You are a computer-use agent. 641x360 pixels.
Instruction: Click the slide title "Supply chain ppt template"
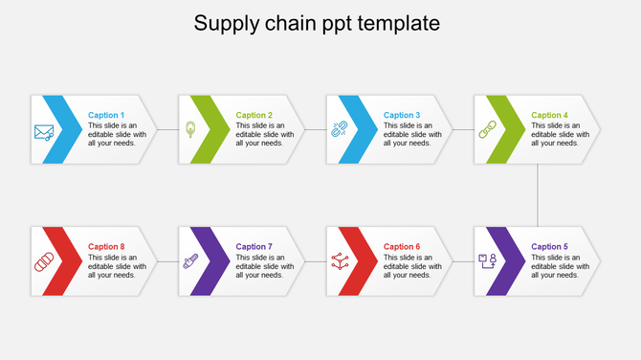[x=317, y=23]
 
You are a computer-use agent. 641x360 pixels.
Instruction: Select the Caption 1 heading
[x=106, y=116]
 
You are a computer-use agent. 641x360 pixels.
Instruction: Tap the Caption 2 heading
[x=254, y=116]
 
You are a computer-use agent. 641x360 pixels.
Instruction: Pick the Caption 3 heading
[x=402, y=116]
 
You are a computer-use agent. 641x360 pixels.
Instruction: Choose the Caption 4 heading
[x=550, y=116]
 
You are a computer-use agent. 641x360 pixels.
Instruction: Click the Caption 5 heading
[x=550, y=247]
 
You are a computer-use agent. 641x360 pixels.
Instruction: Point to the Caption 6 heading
[x=402, y=247]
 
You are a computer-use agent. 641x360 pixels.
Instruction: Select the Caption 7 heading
[x=254, y=247]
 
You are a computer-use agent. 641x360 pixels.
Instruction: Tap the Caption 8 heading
[x=106, y=247]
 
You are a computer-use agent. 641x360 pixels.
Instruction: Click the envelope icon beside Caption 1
[x=44, y=132]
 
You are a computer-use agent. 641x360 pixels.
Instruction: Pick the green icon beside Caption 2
[x=191, y=129]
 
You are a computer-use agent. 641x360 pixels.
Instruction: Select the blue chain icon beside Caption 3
[x=339, y=129]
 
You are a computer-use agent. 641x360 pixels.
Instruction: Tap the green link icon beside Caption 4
[x=487, y=129]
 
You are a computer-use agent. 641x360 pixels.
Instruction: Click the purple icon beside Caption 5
[x=487, y=260]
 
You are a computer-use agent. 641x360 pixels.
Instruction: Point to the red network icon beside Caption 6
[x=339, y=260]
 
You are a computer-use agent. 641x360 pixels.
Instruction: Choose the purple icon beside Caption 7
[x=191, y=260]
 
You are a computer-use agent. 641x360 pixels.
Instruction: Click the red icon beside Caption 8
[x=44, y=261]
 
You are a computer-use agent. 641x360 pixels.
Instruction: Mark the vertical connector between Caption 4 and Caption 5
[x=539, y=195]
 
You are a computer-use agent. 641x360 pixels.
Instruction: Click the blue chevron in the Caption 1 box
[x=67, y=129]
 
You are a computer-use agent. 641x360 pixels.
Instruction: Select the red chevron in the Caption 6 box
[x=362, y=260]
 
